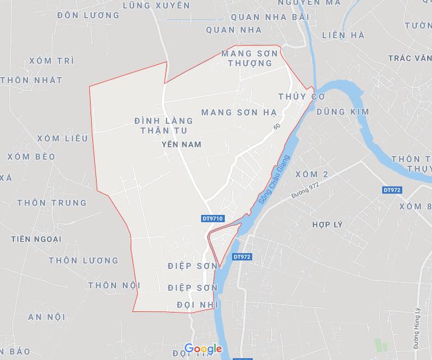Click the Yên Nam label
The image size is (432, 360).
click(182, 144)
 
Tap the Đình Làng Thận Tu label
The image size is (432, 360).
click(160, 126)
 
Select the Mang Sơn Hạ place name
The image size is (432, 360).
click(239, 112)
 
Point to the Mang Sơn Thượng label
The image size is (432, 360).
click(249, 58)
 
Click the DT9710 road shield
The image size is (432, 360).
click(213, 218)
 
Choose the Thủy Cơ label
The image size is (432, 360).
click(302, 97)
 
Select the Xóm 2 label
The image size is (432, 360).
click(311, 175)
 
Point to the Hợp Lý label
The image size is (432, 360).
click(327, 225)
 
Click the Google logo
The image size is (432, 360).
click(203, 349)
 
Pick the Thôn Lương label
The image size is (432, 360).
click(84, 260)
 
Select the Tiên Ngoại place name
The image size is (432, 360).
click(36, 239)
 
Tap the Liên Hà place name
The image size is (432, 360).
click(344, 35)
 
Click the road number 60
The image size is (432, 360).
click(277, 127)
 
